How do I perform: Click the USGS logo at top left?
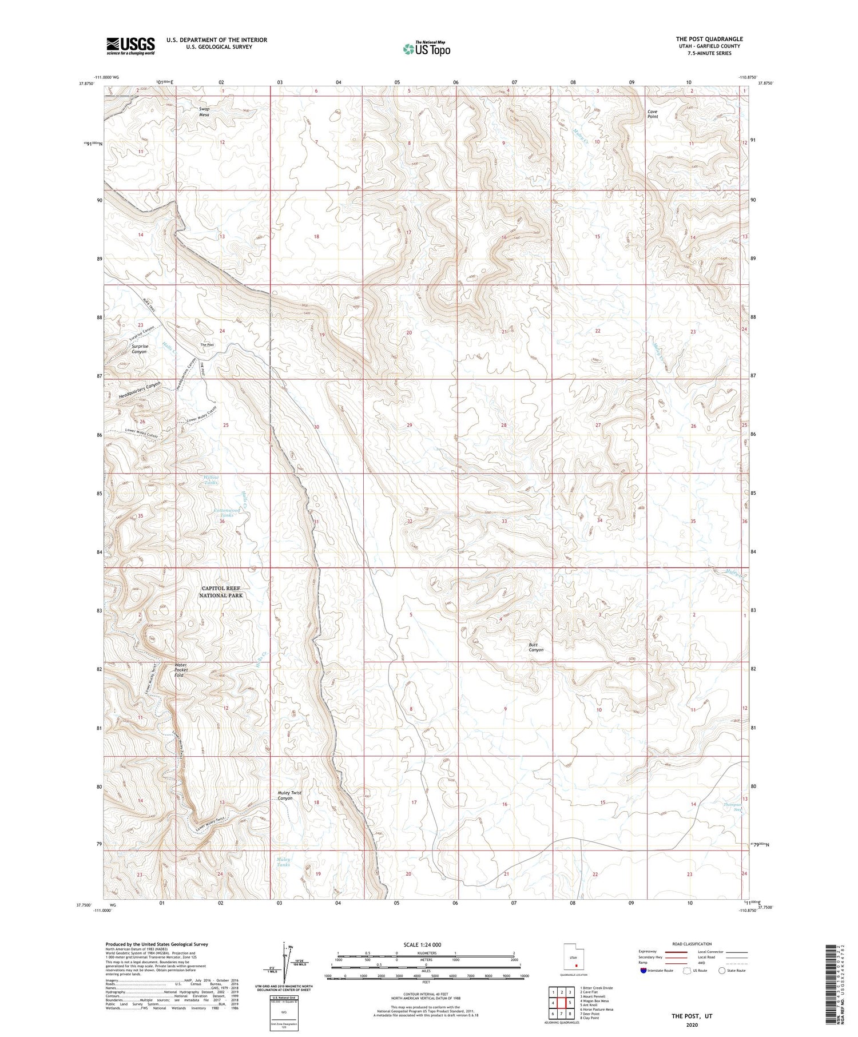tap(130, 46)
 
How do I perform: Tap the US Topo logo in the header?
tap(426, 49)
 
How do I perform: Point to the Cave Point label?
tap(652, 114)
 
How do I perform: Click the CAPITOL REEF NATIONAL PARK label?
tap(221, 592)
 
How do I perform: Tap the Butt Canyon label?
tap(536, 647)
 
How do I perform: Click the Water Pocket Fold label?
tap(181, 670)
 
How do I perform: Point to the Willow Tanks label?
tap(210, 480)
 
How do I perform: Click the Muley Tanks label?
tap(284, 862)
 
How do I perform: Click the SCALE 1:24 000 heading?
tap(422, 944)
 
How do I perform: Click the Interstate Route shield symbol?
tap(643, 971)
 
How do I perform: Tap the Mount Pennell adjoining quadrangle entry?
tap(593, 996)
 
